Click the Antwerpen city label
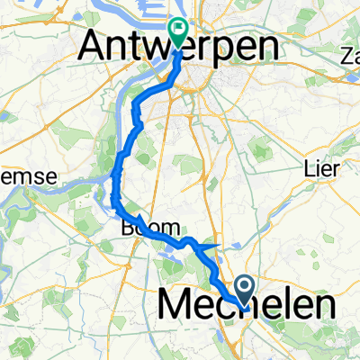coord(178,48)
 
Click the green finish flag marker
coord(177,32)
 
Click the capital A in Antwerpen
coord(96,48)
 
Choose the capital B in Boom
coord(124,229)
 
